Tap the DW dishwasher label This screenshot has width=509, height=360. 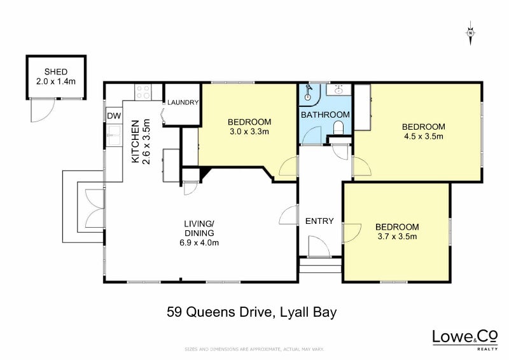(114, 116)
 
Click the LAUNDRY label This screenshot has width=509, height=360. (183, 102)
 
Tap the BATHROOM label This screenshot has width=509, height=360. (325, 114)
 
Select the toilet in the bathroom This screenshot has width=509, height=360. (338, 128)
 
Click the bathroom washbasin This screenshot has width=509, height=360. (338, 90)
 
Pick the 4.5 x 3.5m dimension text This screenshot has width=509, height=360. (423, 137)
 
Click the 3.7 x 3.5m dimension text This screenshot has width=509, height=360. (396, 237)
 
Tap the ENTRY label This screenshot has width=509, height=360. (319, 221)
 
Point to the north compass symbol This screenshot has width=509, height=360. (470, 32)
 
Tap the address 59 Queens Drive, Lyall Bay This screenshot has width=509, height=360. (251, 312)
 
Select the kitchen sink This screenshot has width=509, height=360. (115, 134)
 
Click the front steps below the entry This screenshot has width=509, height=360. (321, 265)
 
